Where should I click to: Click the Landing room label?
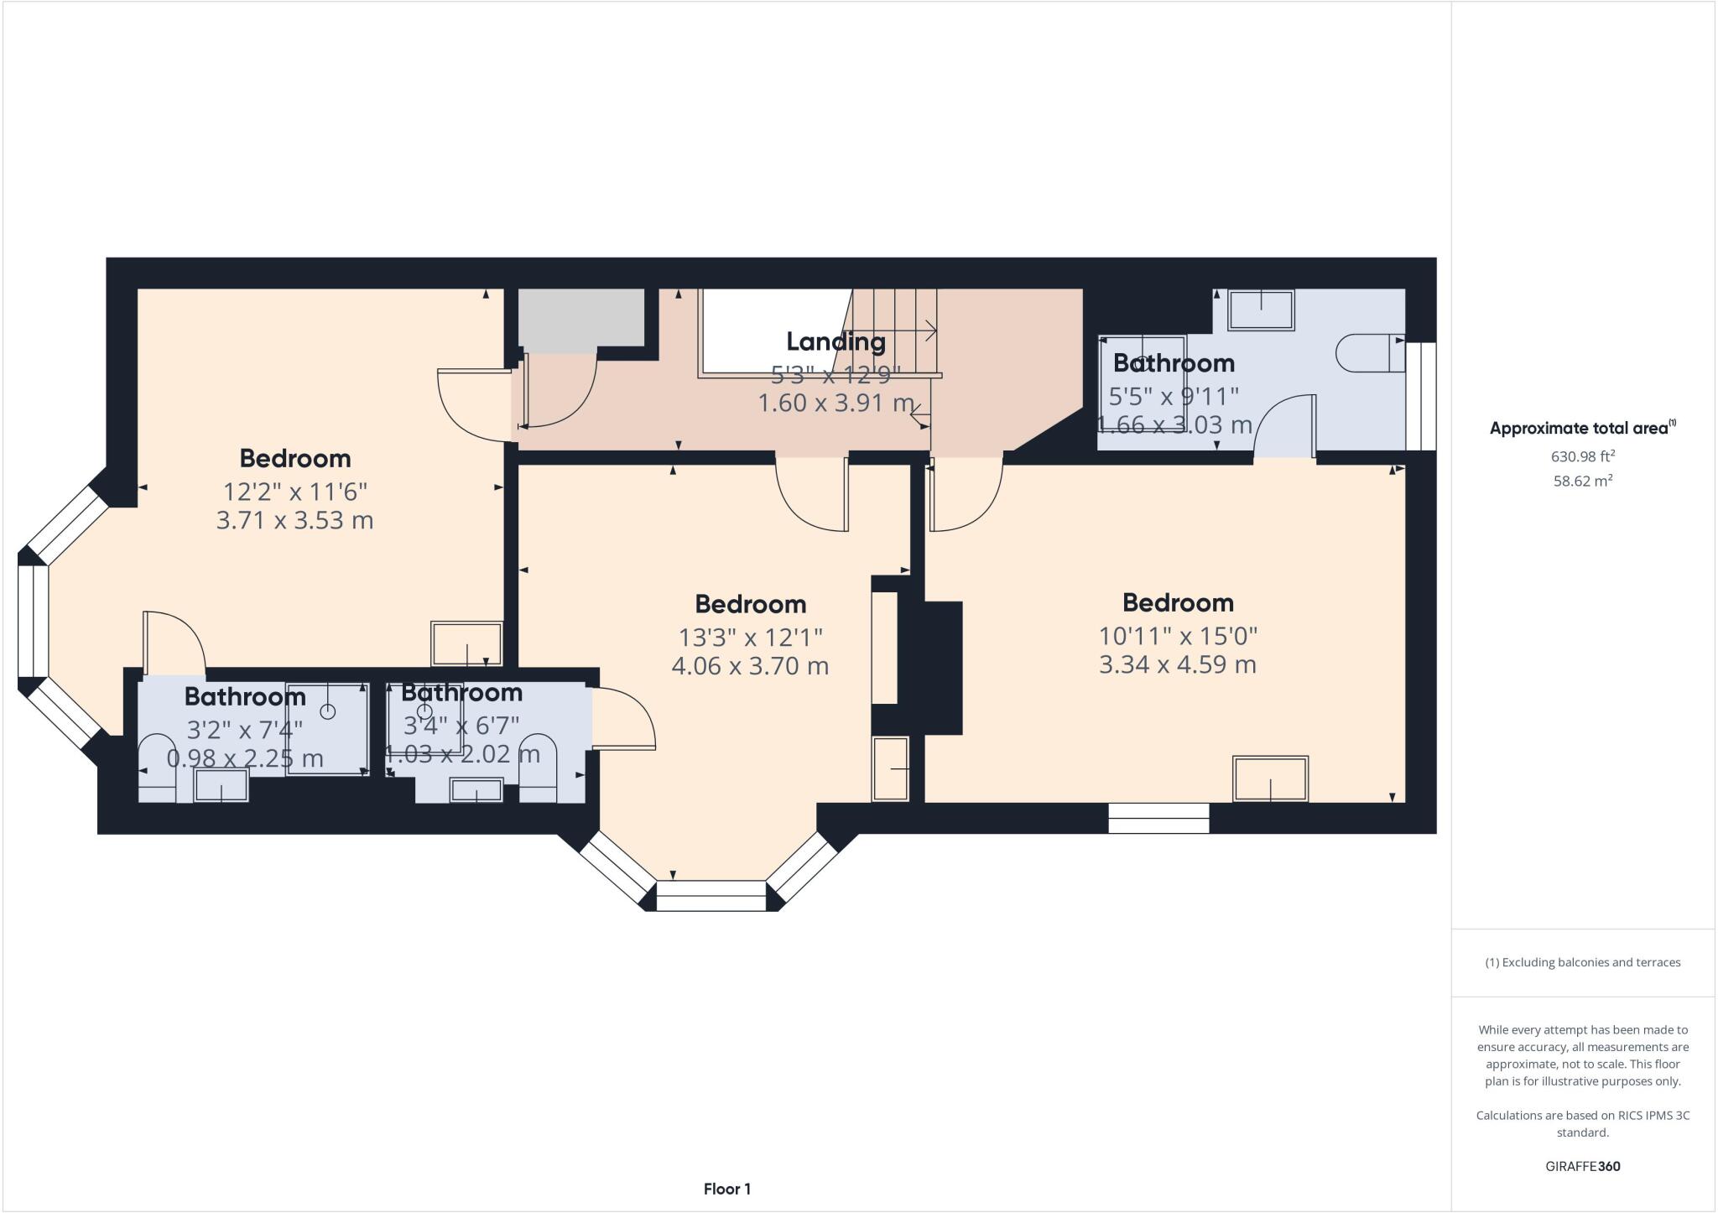point(836,342)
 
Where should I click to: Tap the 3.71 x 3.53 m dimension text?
point(294,520)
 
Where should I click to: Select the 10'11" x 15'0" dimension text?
point(1178,636)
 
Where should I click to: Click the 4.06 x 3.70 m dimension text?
point(750,666)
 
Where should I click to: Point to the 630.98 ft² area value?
point(1583,456)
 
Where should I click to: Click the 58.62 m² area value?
point(1583,481)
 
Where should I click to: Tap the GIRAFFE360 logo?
point(1583,1166)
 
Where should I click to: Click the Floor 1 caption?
point(727,1189)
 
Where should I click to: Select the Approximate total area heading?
point(1582,428)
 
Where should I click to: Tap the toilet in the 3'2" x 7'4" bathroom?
point(157,768)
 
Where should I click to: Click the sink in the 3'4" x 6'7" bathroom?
point(476,790)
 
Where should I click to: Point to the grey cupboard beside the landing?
point(581,320)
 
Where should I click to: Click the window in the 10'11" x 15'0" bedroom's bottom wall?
point(1158,818)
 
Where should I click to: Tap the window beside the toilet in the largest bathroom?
point(1421,396)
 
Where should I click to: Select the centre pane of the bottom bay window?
point(711,895)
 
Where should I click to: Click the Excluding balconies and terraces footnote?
point(1583,962)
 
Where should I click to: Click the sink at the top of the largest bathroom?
point(1261,310)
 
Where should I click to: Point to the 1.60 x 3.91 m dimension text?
point(836,403)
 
